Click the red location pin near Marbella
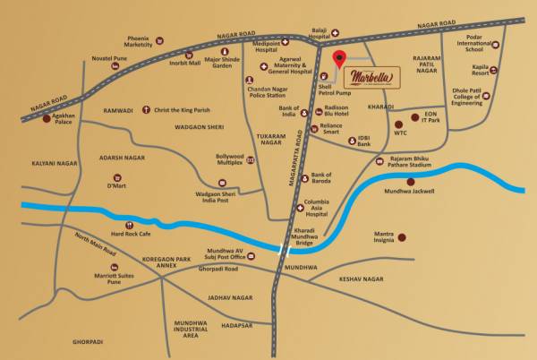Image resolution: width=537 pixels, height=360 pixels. [338, 59]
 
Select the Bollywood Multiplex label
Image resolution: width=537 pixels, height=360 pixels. [229, 159]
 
